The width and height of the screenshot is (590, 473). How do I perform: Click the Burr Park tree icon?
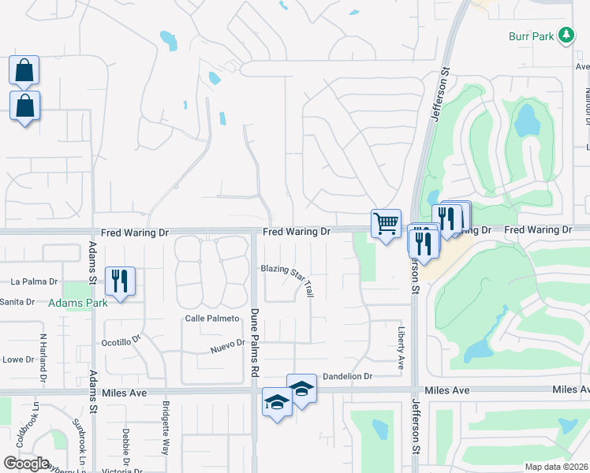click(x=566, y=35)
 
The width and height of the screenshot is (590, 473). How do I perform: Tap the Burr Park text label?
click(x=531, y=35)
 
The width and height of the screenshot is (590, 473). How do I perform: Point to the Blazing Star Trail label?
click(x=288, y=279)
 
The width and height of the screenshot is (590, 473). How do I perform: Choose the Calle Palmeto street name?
click(x=211, y=318)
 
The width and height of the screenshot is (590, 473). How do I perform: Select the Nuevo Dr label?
click(x=229, y=348)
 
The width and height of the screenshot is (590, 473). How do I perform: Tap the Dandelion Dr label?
click(x=347, y=377)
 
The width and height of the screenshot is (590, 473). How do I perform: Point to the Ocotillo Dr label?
click(x=121, y=343)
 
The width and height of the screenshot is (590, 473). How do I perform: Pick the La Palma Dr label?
click(x=35, y=281)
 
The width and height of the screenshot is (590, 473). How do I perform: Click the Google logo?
click(x=26, y=463)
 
